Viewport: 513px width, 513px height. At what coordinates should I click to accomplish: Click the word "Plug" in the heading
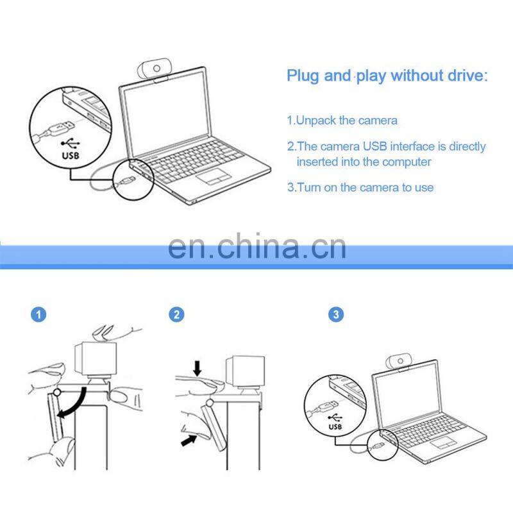click(303, 76)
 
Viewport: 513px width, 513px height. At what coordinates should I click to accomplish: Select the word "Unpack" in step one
click(315, 121)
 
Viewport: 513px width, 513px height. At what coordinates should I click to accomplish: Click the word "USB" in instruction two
click(375, 146)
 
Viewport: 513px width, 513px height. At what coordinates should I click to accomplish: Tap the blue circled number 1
click(38, 315)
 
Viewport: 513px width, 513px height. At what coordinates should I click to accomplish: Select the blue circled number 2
click(177, 315)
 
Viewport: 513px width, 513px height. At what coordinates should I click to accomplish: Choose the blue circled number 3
click(336, 315)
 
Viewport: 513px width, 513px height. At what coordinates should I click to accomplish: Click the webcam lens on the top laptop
click(156, 69)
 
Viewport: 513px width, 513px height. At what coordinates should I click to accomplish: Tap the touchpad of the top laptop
click(214, 176)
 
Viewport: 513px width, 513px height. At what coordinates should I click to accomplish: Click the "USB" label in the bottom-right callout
click(335, 426)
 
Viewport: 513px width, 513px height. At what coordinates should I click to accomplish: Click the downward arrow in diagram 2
click(198, 368)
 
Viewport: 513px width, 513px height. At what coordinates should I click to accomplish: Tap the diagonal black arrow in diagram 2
click(189, 439)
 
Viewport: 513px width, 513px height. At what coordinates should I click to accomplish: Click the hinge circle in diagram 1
click(57, 392)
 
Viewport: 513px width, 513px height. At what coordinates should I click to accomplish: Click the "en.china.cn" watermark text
click(257, 246)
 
